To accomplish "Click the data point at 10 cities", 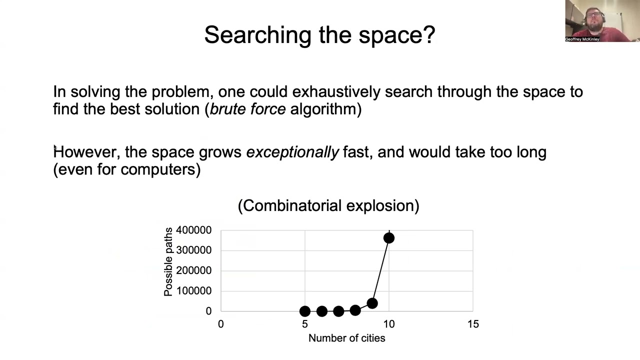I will coord(389,238).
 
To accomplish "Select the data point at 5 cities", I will coord(305,311).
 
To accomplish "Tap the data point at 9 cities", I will coord(372,303).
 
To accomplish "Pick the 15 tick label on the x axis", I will coord(473,324).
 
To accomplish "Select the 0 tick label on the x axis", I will coord(220,324).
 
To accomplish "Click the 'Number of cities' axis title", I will coord(346,338).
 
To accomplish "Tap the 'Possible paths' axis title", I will coord(168,261).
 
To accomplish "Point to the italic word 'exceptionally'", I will coord(292,152).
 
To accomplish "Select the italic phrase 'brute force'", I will coord(248,109).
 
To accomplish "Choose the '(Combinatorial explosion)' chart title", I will coord(328,205).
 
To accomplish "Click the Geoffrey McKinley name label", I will coord(582,39).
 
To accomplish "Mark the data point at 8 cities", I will coord(355,310).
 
